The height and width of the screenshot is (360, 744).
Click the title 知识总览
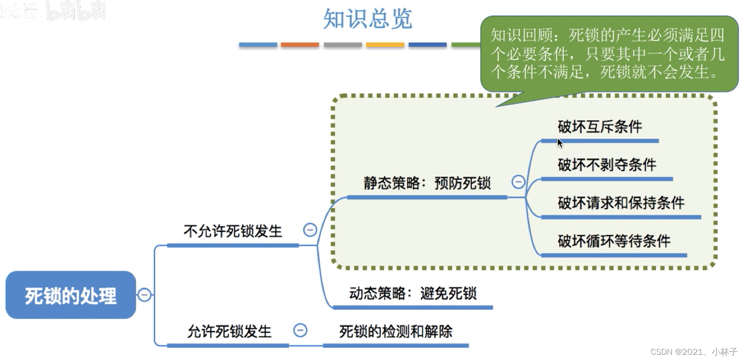pyautogui.click(x=368, y=19)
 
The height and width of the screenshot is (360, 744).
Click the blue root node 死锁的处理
pyautogui.click(x=71, y=295)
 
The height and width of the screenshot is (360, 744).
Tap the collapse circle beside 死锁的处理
pyautogui.click(x=145, y=295)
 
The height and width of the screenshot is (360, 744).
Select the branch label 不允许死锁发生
pyautogui.click(x=233, y=231)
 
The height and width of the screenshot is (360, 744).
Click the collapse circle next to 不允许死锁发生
pyautogui.click(x=310, y=230)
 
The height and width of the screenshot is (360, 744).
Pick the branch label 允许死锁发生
pyautogui.click(x=229, y=332)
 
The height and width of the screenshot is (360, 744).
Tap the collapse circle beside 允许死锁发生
pyautogui.click(x=300, y=330)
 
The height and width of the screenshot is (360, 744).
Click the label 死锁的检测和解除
pyautogui.click(x=396, y=332)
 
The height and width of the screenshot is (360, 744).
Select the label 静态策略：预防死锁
pyautogui.click(x=427, y=183)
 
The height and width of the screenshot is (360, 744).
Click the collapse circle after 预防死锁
pyautogui.click(x=518, y=182)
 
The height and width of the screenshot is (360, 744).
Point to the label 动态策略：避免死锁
pyautogui.click(x=413, y=293)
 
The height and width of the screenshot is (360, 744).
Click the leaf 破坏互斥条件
pyautogui.click(x=599, y=127)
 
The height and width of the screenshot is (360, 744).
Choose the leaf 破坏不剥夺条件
pyautogui.click(x=607, y=165)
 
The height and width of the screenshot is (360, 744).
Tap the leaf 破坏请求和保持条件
pyautogui.click(x=621, y=203)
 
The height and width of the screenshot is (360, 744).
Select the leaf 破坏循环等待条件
pyautogui.click(x=614, y=241)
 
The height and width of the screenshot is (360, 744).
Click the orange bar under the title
pyautogui.click(x=300, y=45)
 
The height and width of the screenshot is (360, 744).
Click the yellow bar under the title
pyautogui.click(x=385, y=45)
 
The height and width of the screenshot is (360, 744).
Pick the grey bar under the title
pyautogui.click(x=343, y=45)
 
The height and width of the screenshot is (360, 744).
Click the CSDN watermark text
pyautogui.click(x=693, y=352)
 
